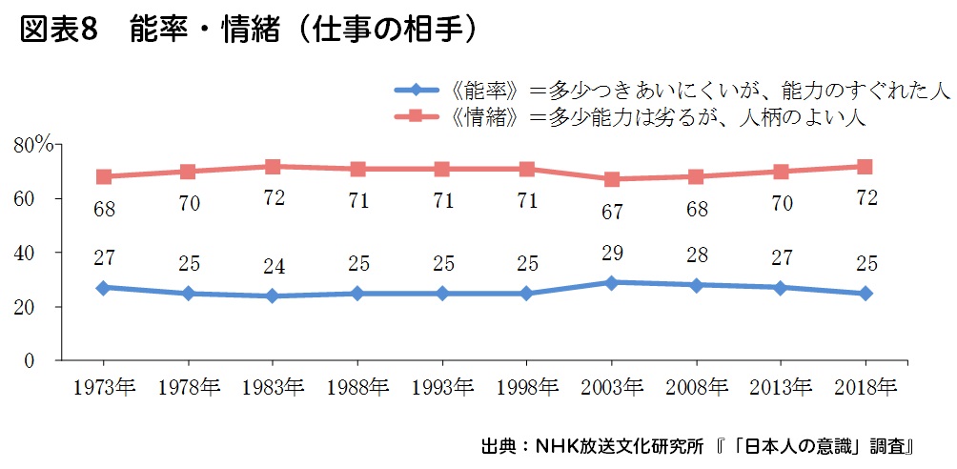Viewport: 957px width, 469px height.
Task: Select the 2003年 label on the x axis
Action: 612,386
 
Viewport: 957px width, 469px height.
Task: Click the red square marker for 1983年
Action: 273,167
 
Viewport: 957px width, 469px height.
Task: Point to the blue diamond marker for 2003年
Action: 612,283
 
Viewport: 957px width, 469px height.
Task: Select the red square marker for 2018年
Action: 865,167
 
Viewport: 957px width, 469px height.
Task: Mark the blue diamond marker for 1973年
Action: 104,287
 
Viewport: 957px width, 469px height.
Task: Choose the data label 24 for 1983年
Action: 273,264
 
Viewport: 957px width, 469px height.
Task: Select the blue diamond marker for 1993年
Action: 442,294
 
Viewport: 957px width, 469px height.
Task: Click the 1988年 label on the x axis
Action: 357,386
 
